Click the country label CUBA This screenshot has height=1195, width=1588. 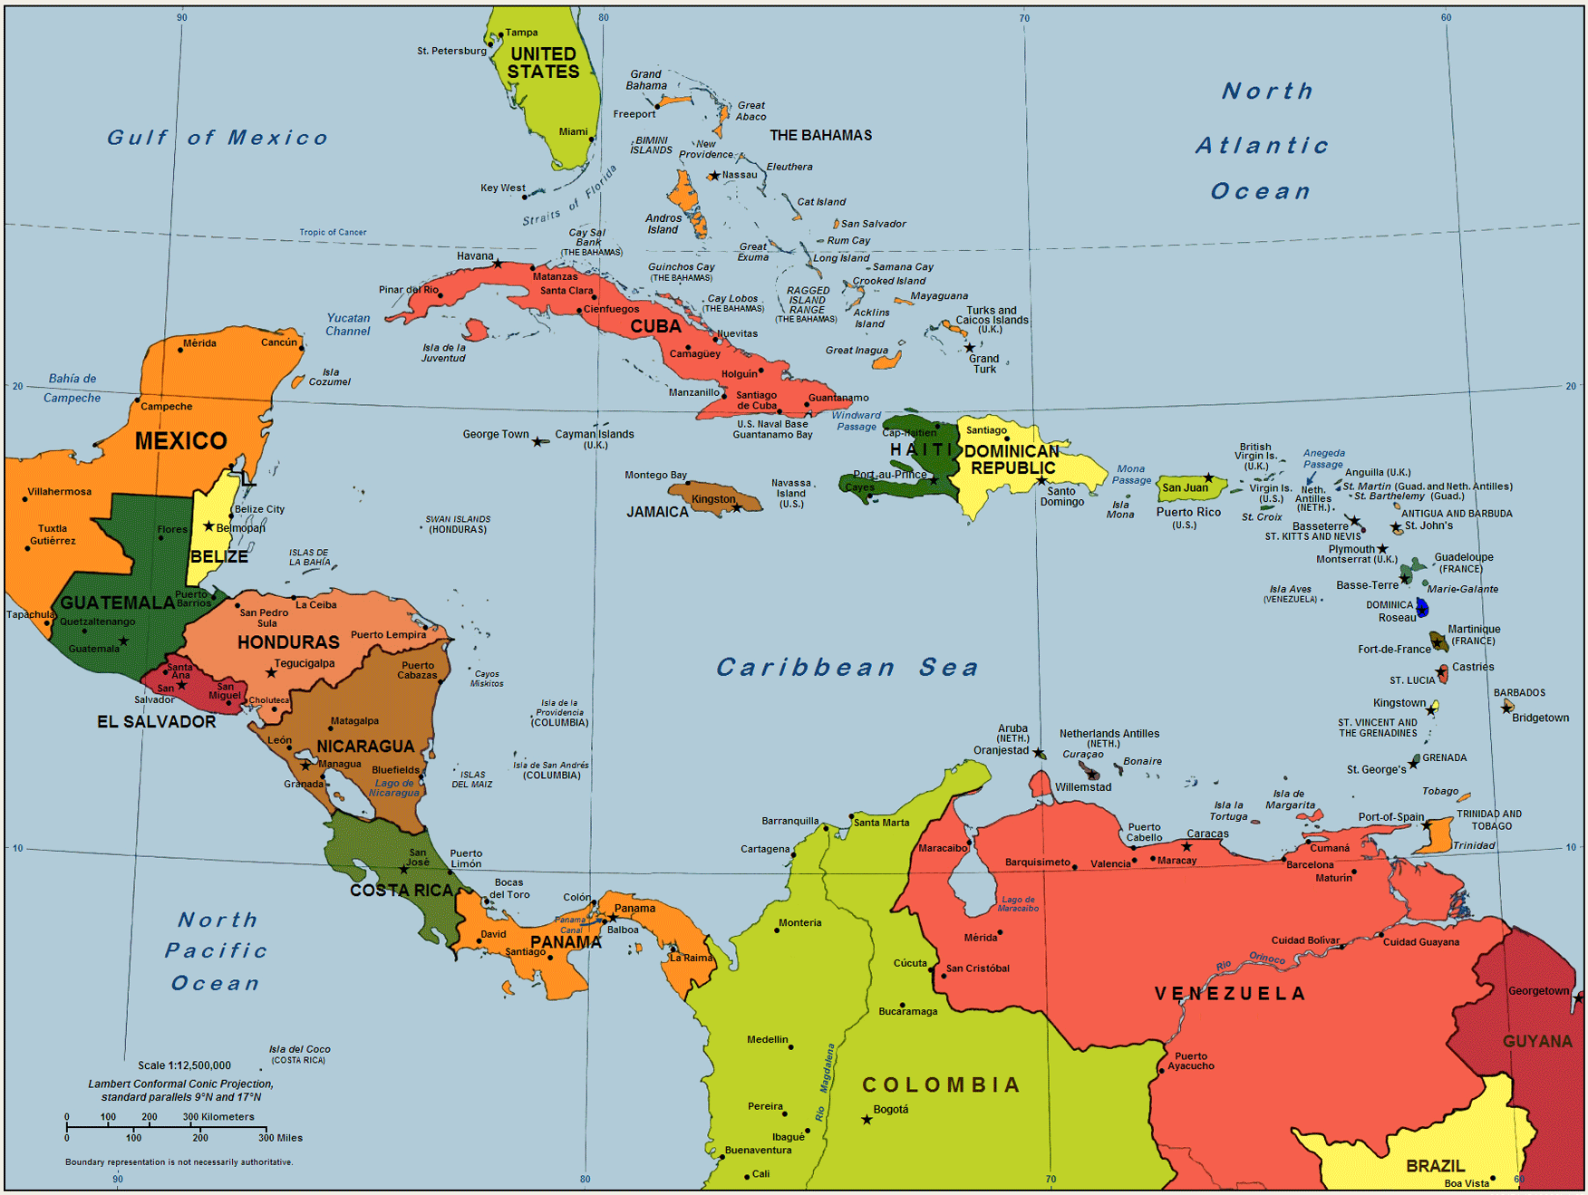pyautogui.click(x=655, y=326)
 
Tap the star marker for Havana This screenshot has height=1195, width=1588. pyautogui.click(x=498, y=264)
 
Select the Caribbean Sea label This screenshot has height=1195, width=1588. pyautogui.click(x=847, y=668)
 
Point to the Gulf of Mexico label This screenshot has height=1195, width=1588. pyautogui.click(x=218, y=138)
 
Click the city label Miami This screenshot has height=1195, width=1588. pyautogui.click(x=573, y=131)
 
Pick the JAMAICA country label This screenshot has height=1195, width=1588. pyautogui.click(x=657, y=512)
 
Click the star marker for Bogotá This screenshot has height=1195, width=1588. pyautogui.click(x=867, y=1120)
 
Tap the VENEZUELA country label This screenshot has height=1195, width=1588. pyautogui.click(x=1230, y=994)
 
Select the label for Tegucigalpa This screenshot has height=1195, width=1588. pyautogui.click(x=305, y=663)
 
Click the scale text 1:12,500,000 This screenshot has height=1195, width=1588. pyautogui.click(x=184, y=1065)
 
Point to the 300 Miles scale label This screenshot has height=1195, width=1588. pyautogui.click(x=280, y=1138)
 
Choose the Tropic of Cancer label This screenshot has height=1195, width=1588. pyautogui.click(x=333, y=232)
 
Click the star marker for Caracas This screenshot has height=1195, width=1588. pyautogui.click(x=1186, y=846)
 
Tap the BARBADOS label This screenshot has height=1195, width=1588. pyautogui.click(x=1519, y=693)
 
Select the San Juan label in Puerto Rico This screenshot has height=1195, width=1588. pyautogui.click(x=1185, y=487)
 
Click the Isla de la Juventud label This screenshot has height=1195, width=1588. pyautogui.click(x=443, y=352)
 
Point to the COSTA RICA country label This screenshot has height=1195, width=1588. pyautogui.click(x=401, y=891)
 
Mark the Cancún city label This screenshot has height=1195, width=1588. pyautogui.click(x=279, y=342)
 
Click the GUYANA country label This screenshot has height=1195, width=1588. pyautogui.click(x=1537, y=1041)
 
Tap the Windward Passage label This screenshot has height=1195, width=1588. pyautogui.click(x=857, y=420)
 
